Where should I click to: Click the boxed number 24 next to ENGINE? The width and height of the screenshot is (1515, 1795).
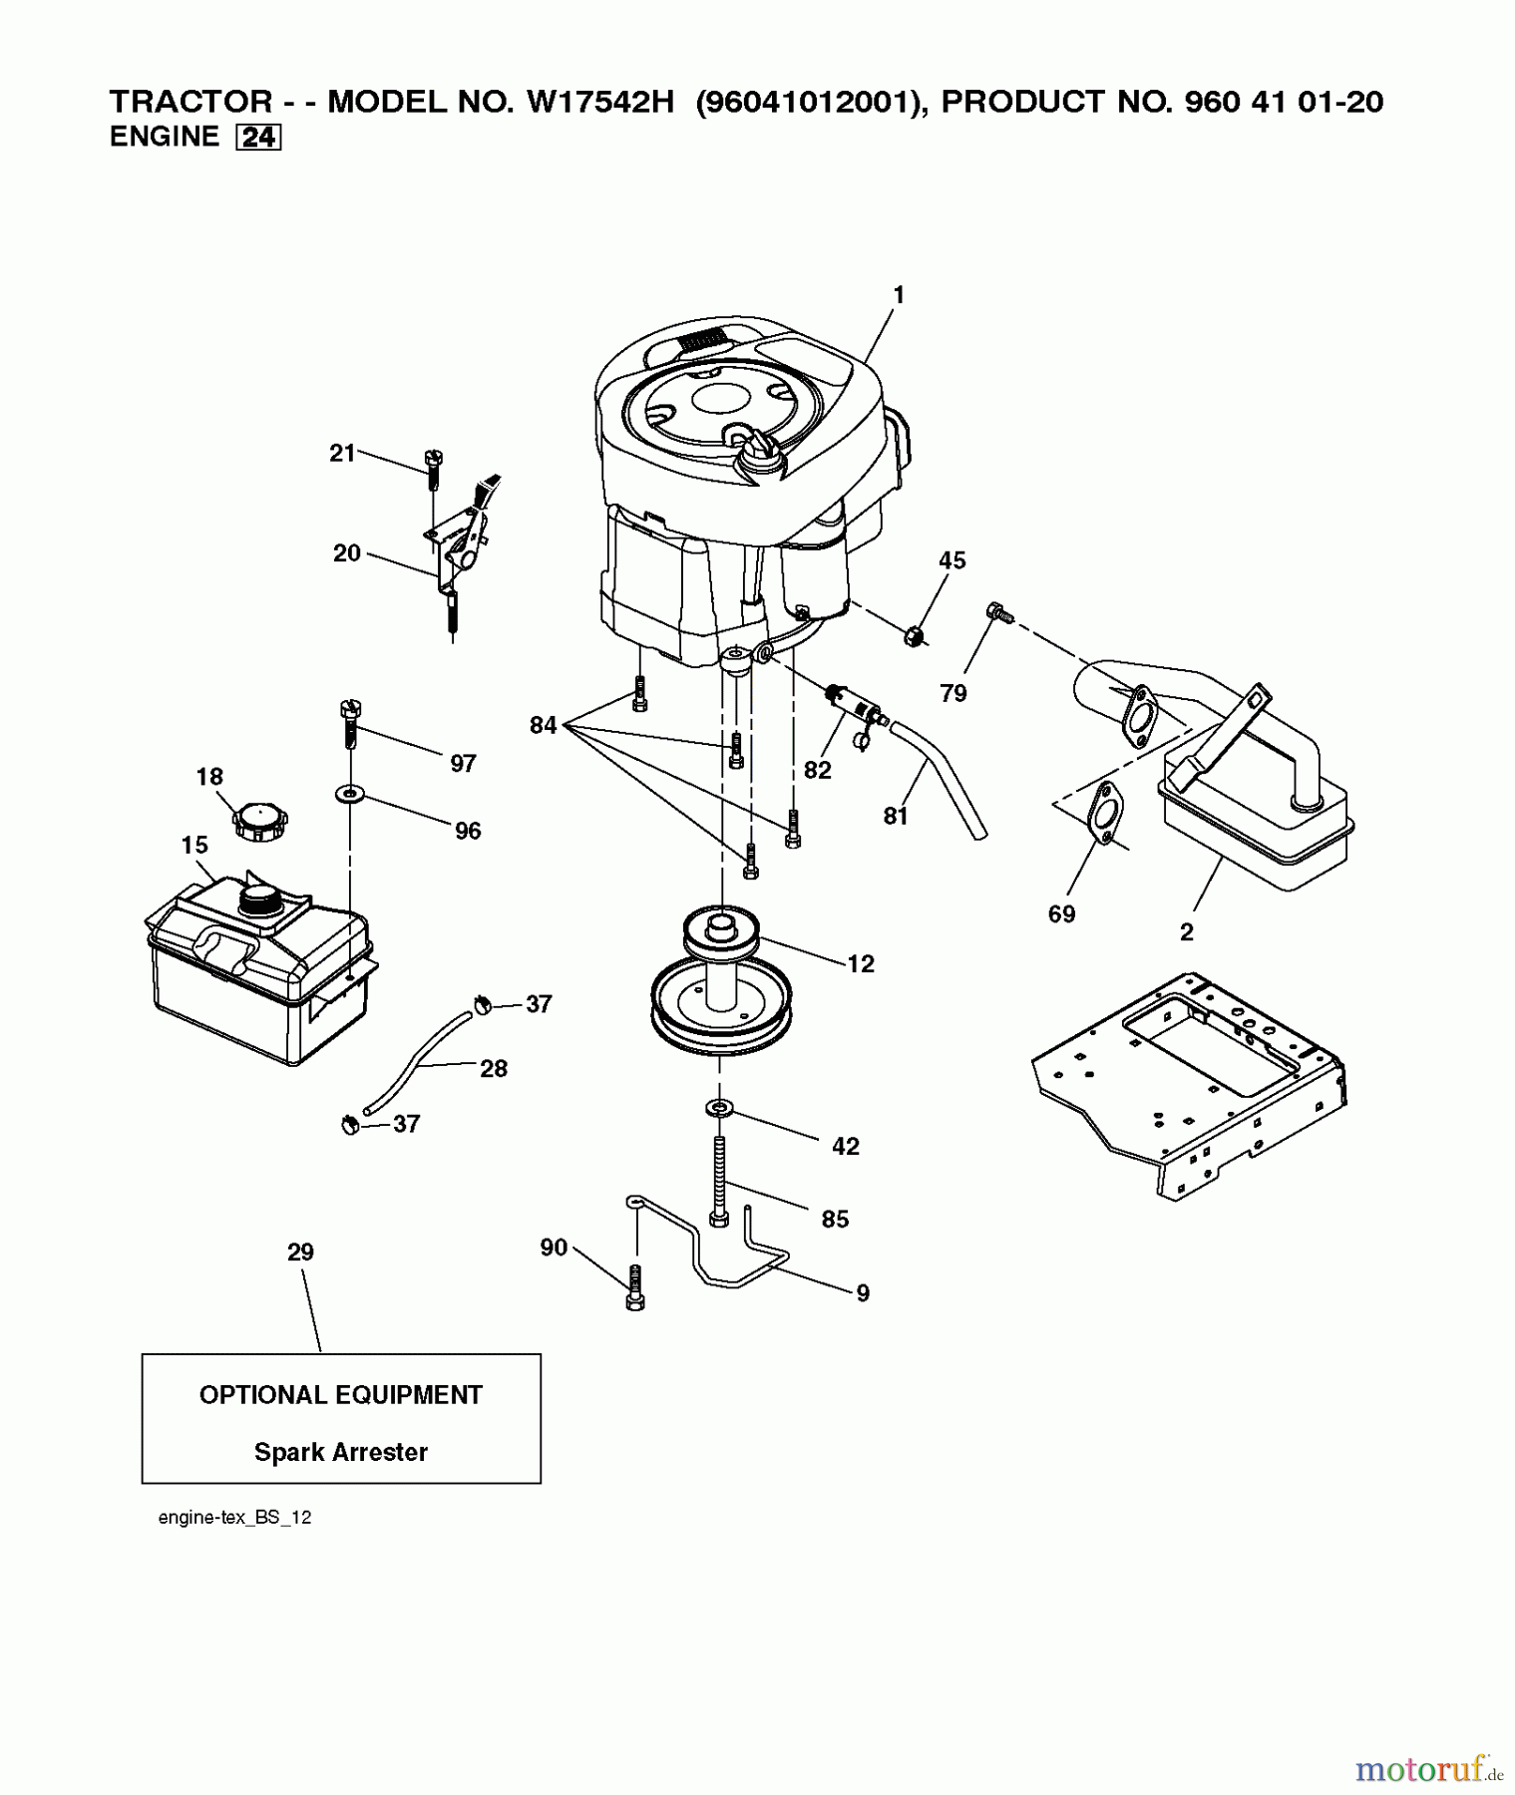coord(258,138)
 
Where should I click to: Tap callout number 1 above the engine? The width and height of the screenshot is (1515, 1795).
coord(899,295)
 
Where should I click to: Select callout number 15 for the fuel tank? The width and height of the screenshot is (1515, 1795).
coord(194,846)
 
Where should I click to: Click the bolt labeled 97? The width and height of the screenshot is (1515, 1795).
coord(350,724)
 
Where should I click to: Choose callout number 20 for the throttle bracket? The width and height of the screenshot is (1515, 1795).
coord(346,553)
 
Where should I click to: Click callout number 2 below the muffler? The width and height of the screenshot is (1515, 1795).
coord(1186,932)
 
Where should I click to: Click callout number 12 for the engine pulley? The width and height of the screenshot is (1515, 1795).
coord(861,963)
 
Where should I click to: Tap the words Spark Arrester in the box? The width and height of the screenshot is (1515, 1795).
coord(340,1453)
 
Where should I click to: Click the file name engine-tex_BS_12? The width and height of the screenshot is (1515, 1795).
coord(234,1518)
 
